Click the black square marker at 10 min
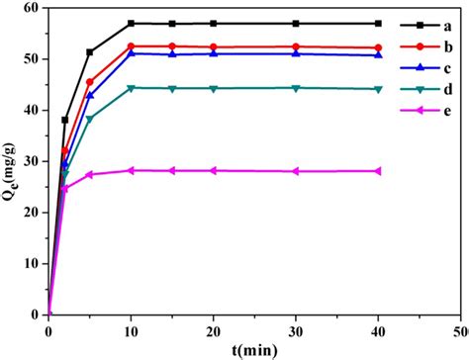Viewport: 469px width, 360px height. (131, 23)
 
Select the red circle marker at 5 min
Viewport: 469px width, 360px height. (90, 82)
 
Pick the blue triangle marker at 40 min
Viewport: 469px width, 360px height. (377, 54)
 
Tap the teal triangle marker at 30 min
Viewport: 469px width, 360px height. (295, 88)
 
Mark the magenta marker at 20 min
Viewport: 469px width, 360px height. (213, 170)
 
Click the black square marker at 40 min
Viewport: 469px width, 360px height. (377, 23)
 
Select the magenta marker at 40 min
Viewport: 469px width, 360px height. (377, 171)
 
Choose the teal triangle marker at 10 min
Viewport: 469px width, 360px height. (131, 88)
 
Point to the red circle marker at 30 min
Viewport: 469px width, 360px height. (295, 46)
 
